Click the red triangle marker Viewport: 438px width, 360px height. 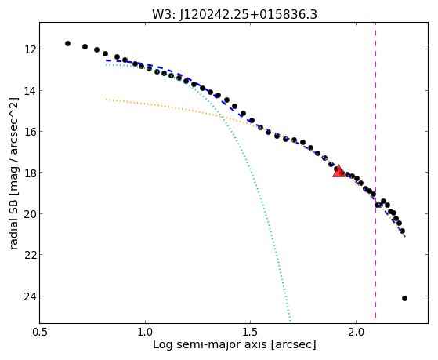pyautogui.click(x=338, y=172)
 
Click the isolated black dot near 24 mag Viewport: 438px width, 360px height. pyautogui.click(x=404, y=299)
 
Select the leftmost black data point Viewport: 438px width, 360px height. pyautogui.click(x=67, y=43)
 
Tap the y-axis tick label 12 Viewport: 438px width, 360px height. pyautogui.click(x=29, y=49)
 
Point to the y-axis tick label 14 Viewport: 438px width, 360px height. pyautogui.click(x=29, y=91)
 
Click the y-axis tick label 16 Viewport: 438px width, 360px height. pyautogui.click(x=29, y=132)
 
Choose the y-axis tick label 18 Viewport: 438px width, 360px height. pyautogui.click(x=29, y=173)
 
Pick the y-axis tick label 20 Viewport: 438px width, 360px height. pyautogui.click(x=29, y=213)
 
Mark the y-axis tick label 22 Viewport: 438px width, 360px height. pyautogui.click(x=29, y=255)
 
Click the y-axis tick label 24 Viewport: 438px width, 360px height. pyautogui.click(x=29, y=296)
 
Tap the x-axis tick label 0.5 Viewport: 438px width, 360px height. pyautogui.click(x=40, y=333)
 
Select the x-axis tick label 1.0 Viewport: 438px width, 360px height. pyautogui.click(x=145, y=333)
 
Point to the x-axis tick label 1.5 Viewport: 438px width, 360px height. pyautogui.click(x=251, y=333)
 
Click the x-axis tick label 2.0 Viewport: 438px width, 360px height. pyautogui.click(x=357, y=333)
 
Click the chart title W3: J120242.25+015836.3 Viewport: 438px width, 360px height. pyautogui.click(x=234, y=14)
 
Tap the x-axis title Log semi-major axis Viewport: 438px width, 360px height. pyautogui.click(x=210, y=344)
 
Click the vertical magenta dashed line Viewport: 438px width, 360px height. pyautogui.click(x=375, y=170)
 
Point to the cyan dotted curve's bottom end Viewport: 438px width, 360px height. pyautogui.click(x=291, y=321)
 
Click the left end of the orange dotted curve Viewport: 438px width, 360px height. pyautogui.click(x=107, y=100)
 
